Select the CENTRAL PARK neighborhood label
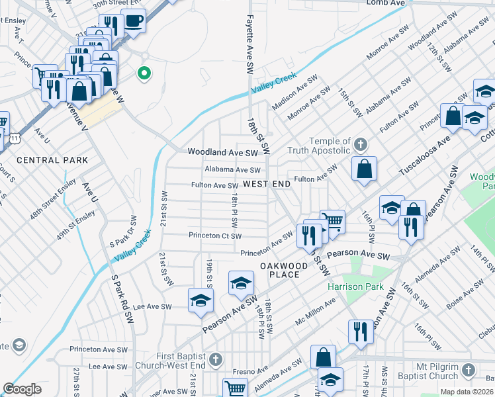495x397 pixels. (x=52, y=160)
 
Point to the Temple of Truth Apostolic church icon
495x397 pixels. (x=361, y=144)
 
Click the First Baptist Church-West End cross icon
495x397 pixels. (x=214, y=359)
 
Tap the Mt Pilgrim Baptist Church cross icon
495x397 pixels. (x=469, y=369)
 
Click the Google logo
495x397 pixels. (x=22, y=389)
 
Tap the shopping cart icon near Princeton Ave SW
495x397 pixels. (x=332, y=222)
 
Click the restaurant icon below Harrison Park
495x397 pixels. (x=361, y=331)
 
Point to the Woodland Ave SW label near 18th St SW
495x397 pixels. (x=222, y=152)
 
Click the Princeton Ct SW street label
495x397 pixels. (x=215, y=236)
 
